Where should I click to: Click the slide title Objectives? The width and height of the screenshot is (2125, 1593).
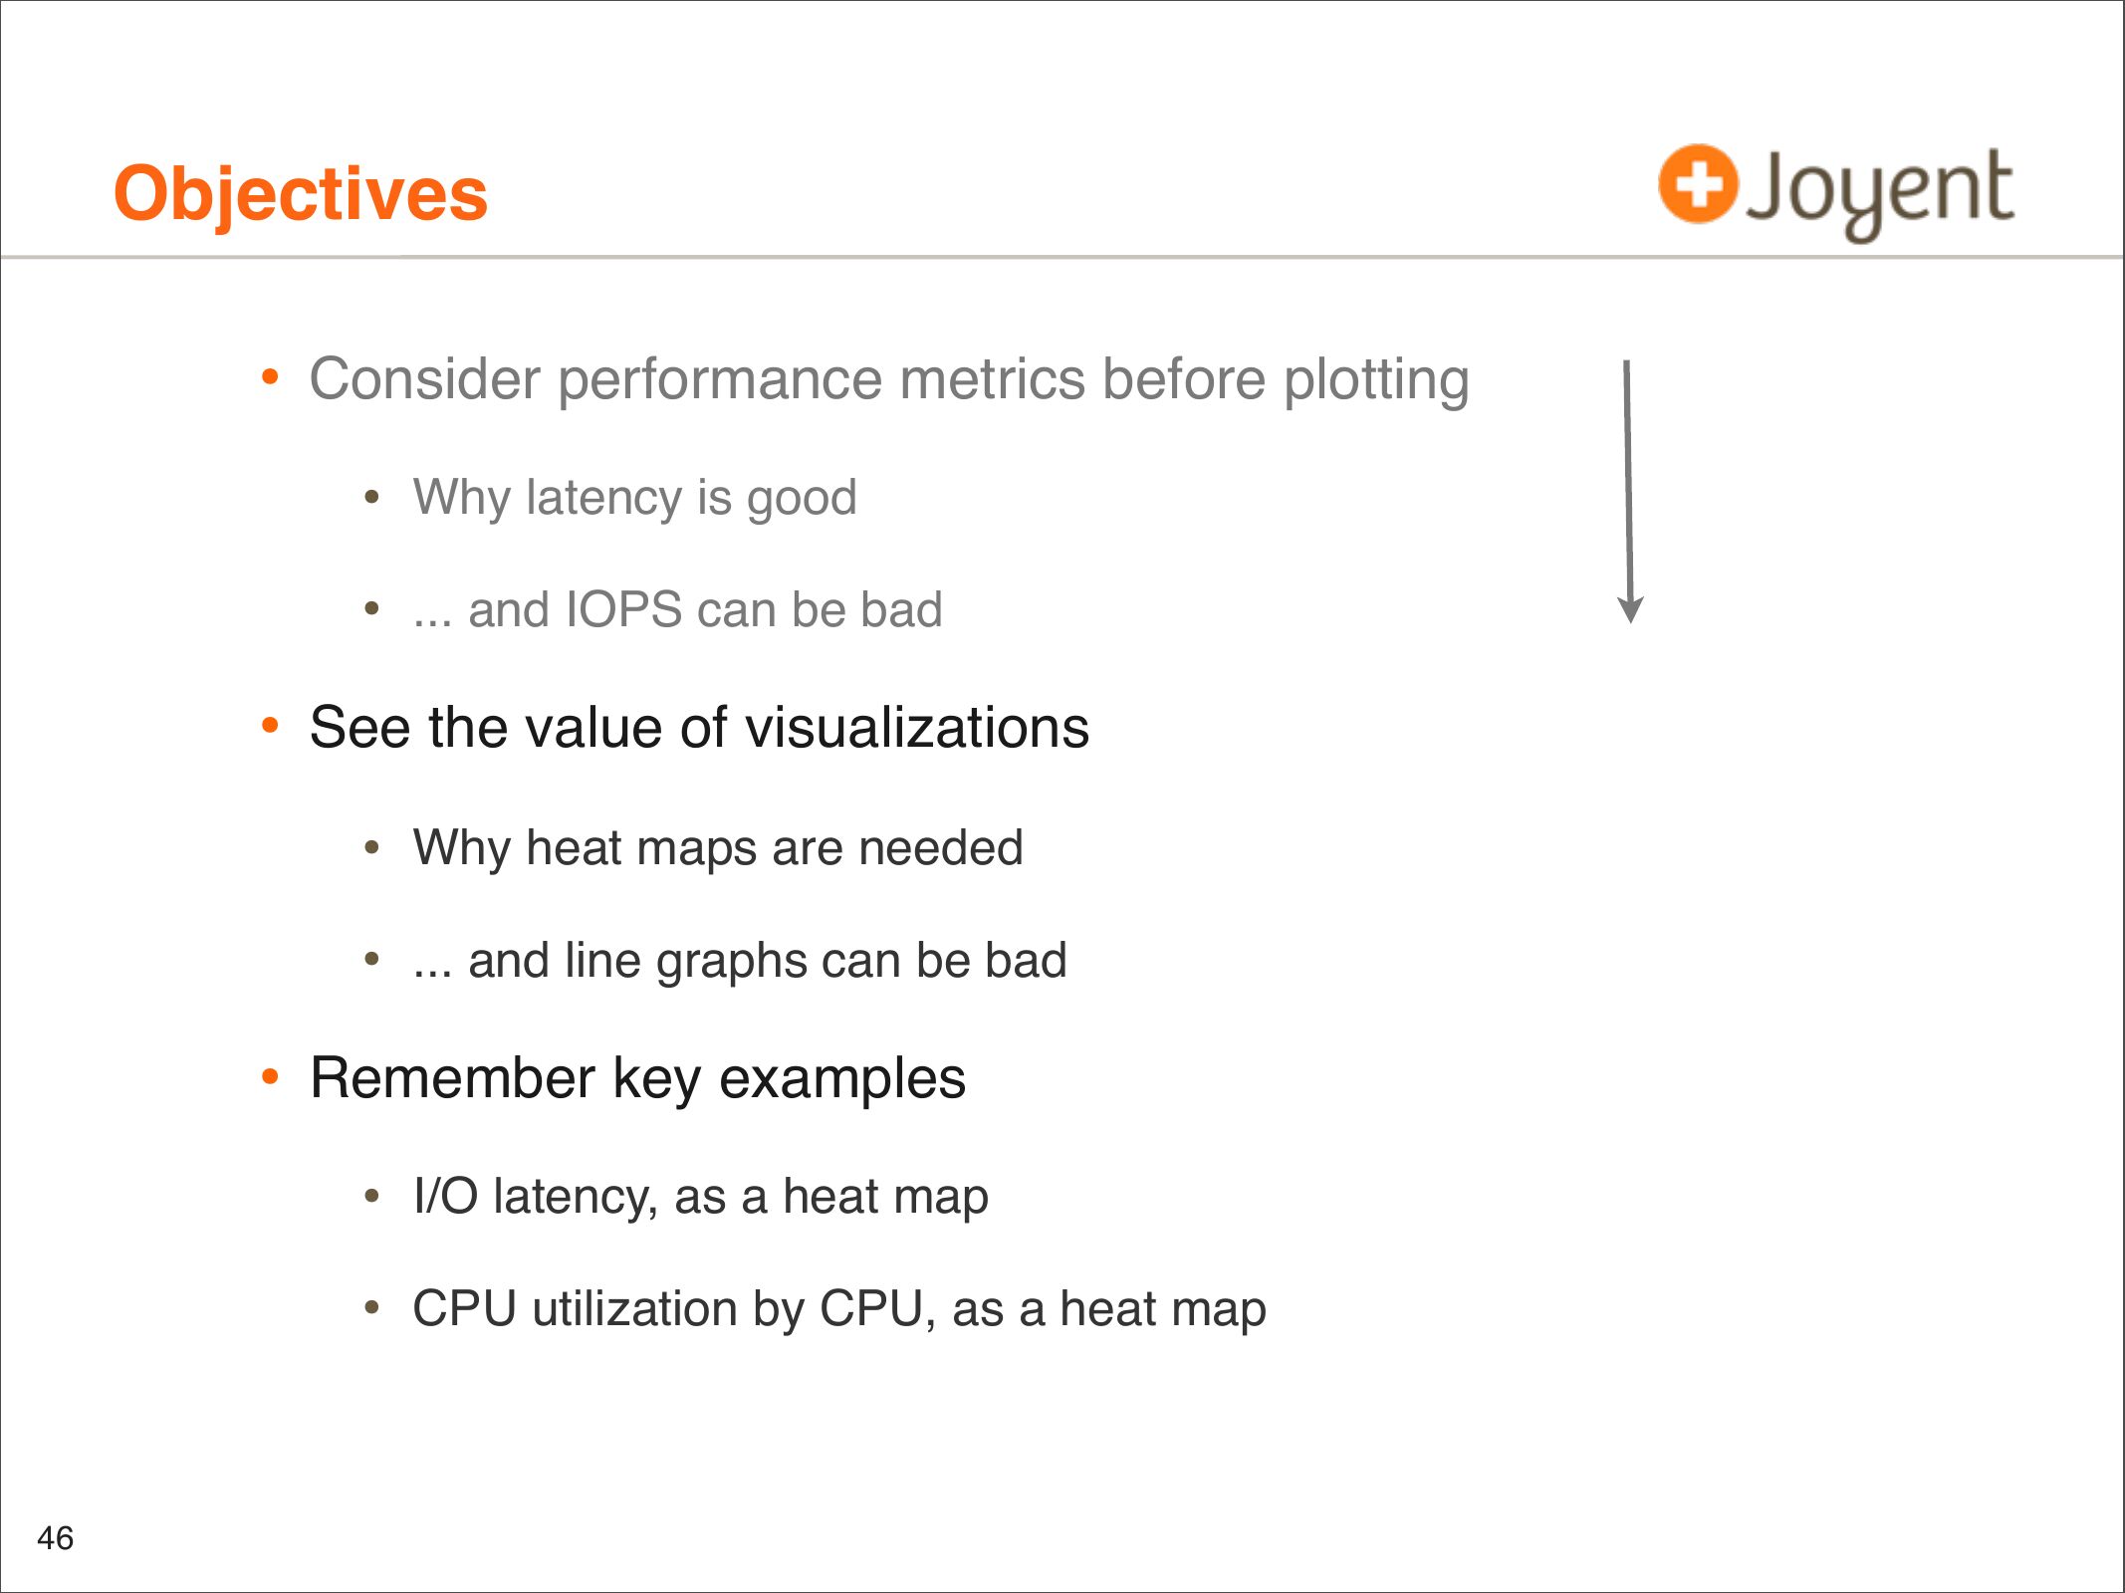(301, 194)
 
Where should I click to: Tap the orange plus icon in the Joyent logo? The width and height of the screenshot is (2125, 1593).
(1698, 184)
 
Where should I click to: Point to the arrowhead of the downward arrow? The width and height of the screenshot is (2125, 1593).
(1630, 610)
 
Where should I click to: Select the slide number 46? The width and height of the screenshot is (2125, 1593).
(56, 1538)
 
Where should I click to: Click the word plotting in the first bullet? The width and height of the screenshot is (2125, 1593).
(1377, 381)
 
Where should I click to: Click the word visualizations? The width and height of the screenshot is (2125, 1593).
(917, 727)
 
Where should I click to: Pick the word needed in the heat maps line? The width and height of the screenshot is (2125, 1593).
(941, 848)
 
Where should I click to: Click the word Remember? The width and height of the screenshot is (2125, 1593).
(453, 1078)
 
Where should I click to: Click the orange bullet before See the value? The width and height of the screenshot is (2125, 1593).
(270, 726)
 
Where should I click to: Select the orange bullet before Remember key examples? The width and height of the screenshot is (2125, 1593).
(270, 1077)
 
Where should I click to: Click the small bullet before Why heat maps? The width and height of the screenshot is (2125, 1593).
(371, 847)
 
